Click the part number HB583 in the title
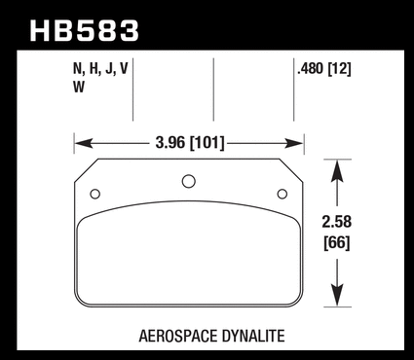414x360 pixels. [x=85, y=31]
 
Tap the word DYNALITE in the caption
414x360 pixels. [x=254, y=336]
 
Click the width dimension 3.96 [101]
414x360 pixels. [x=190, y=143]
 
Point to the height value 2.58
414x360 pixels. [x=337, y=222]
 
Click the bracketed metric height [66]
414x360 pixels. [x=337, y=243]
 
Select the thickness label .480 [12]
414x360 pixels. [x=324, y=69]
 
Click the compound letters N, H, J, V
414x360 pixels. [x=100, y=69]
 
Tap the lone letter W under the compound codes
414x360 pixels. [x=79, y=87]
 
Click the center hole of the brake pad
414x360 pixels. [x=189, y=181]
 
